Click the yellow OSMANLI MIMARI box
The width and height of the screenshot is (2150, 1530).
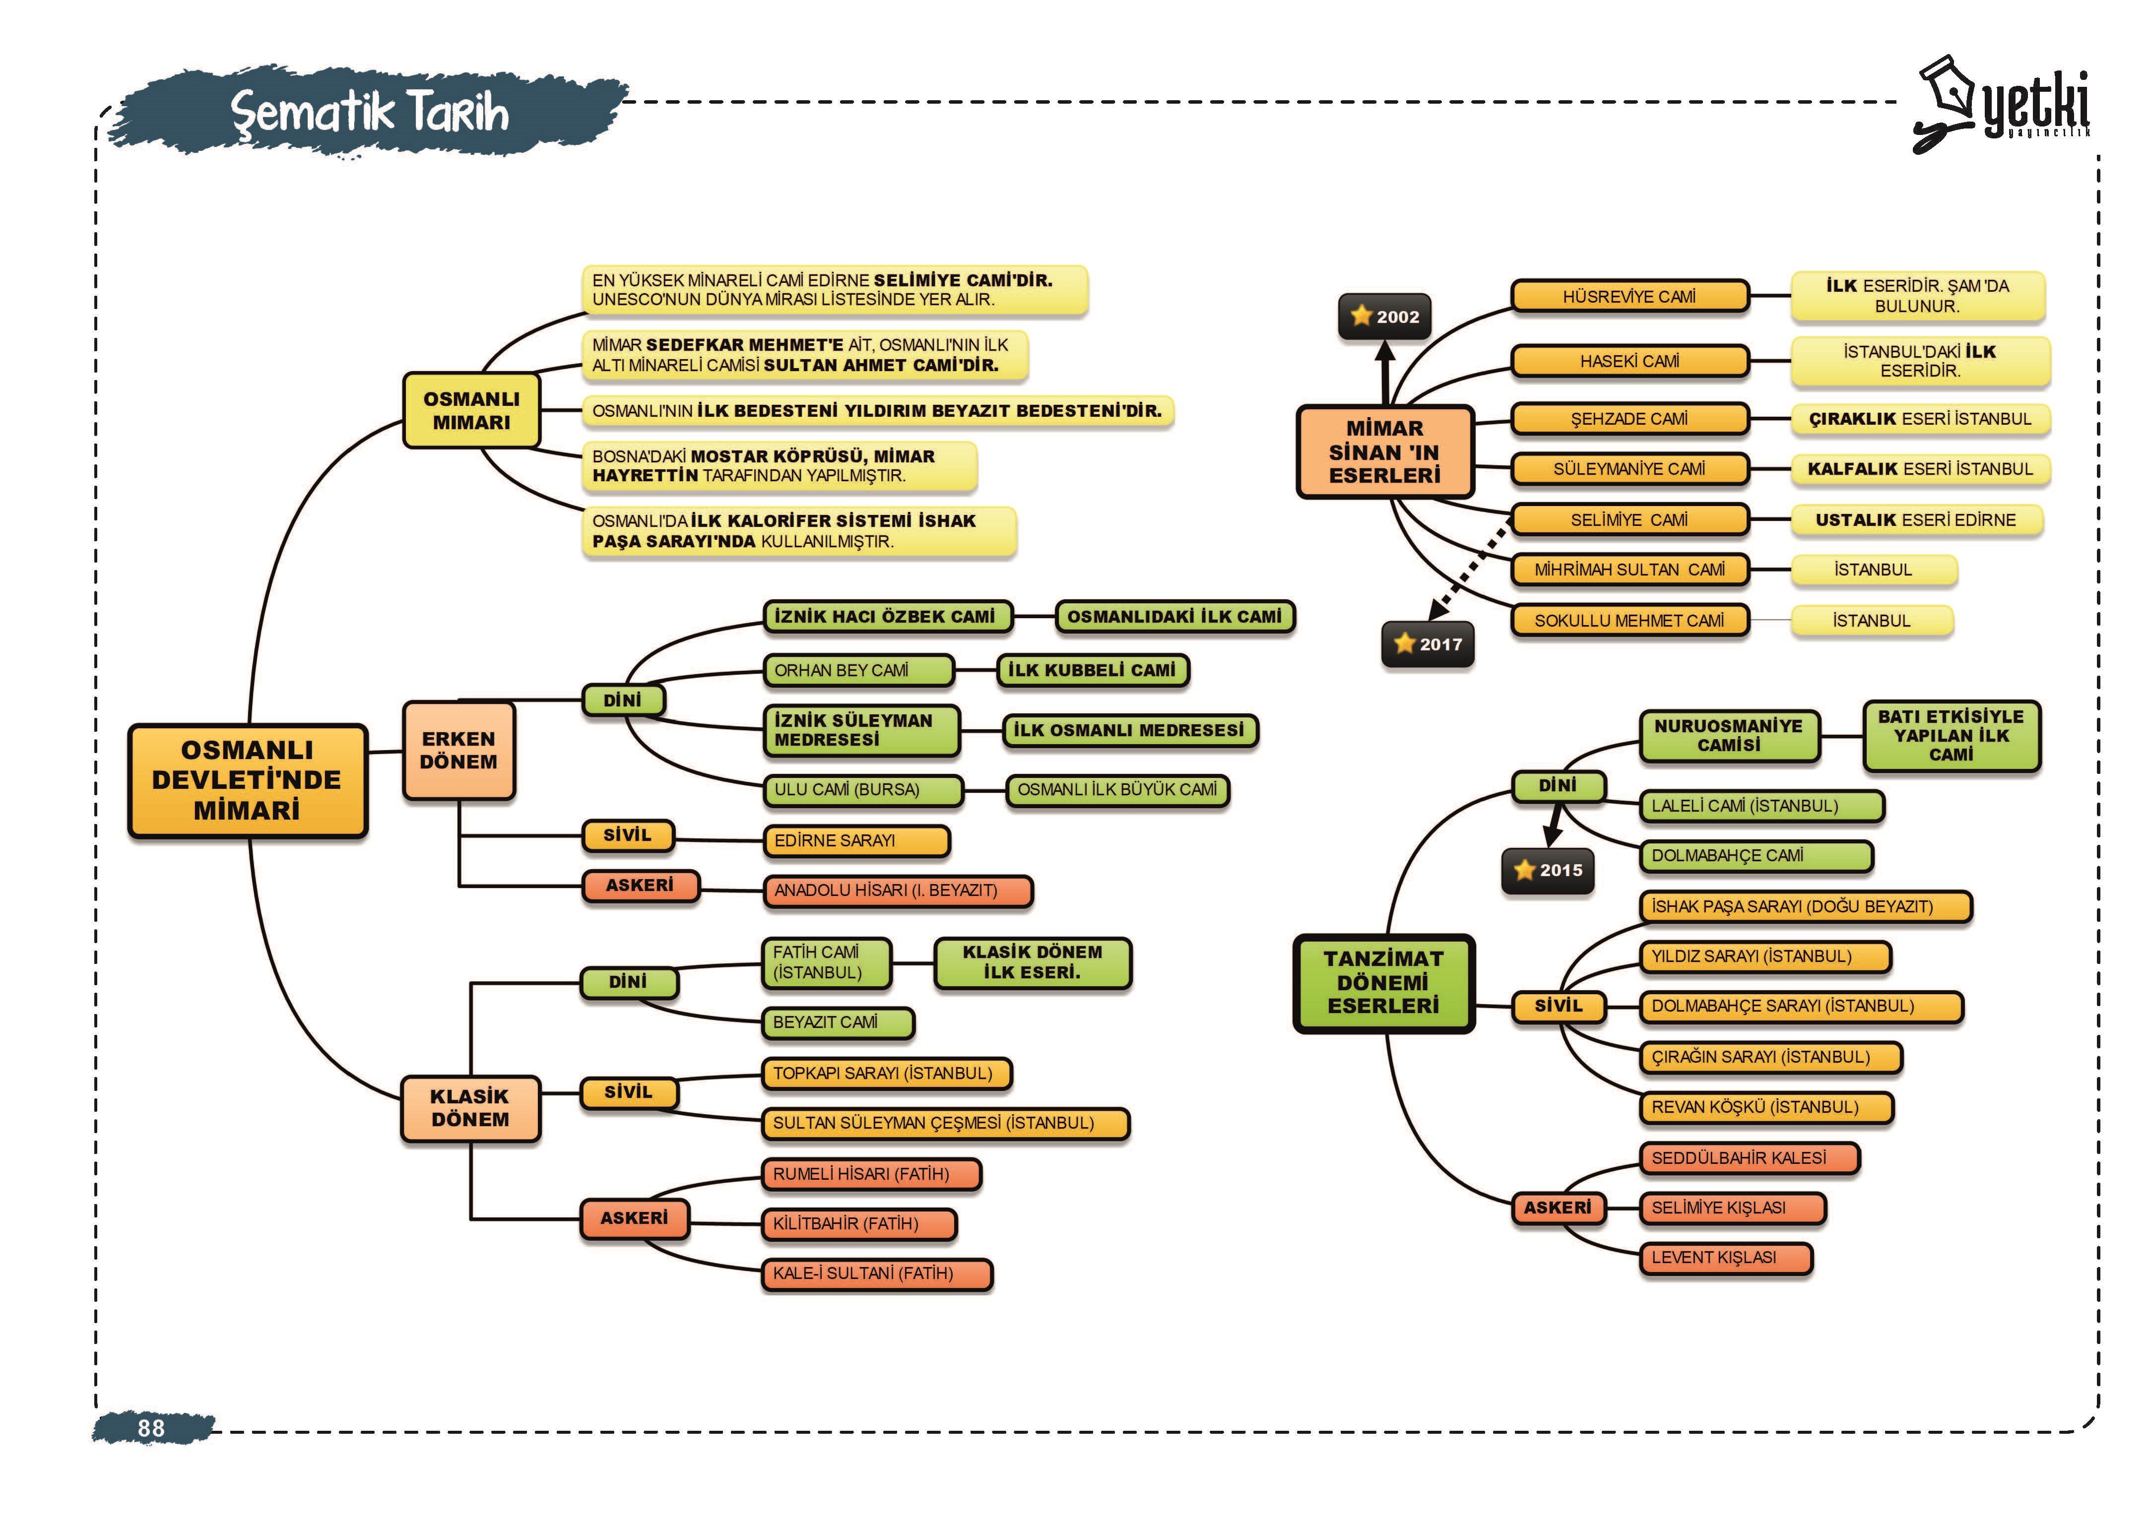(x=471, y=410)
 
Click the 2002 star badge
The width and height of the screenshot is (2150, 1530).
(x=1384, y=317)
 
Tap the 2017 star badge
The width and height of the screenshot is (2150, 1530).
(x=1428, y=644)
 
